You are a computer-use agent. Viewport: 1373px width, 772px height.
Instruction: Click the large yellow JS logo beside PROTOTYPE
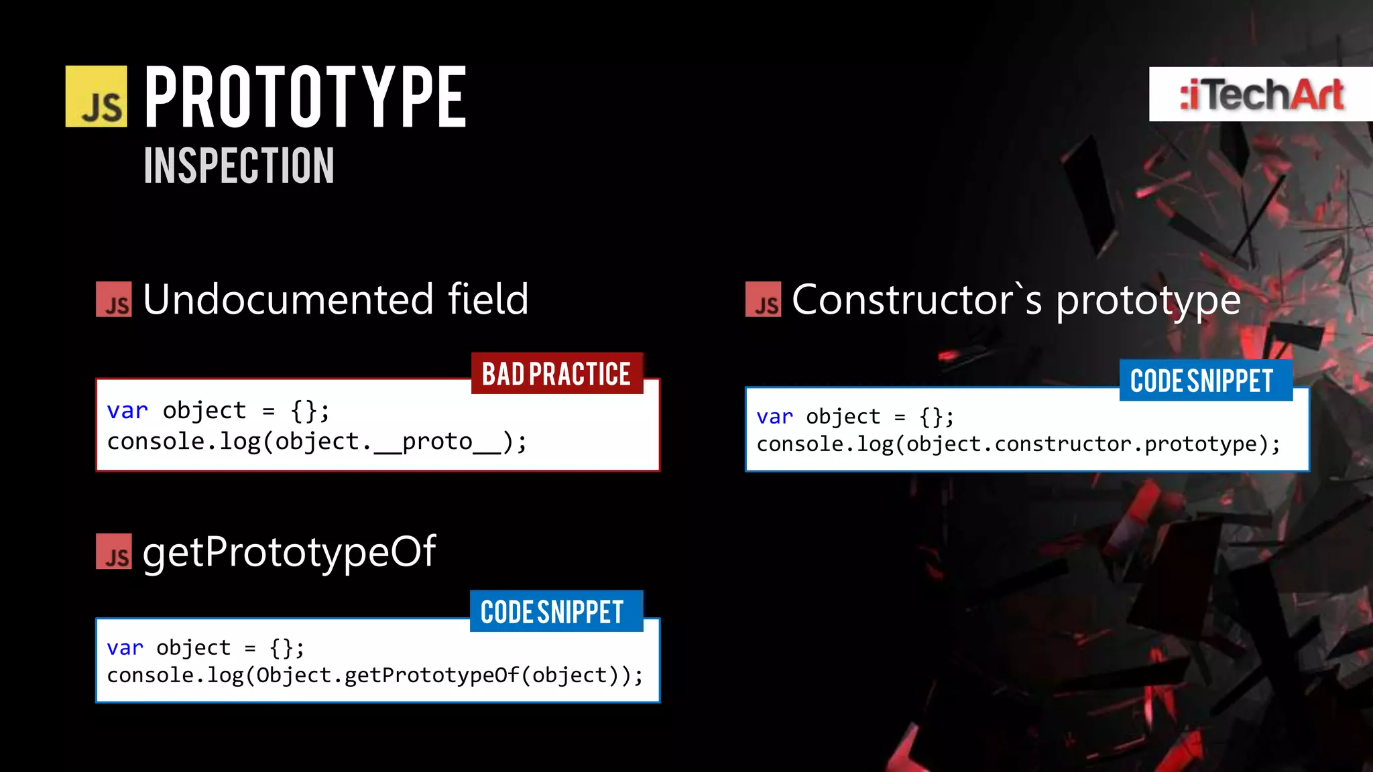click(x=96, y=96)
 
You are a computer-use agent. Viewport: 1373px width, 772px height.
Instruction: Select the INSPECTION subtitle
click(x=239, y=166)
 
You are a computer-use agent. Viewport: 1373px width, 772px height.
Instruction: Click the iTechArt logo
click(x=1262, y=94)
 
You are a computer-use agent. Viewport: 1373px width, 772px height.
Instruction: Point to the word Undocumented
click(x=288, y=299)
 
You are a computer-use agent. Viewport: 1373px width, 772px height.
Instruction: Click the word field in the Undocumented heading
click(x=488, y=299)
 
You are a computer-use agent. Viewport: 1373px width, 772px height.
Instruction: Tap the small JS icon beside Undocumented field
click(x=114, y=300)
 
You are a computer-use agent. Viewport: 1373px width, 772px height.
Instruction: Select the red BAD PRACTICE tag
click(x=556, y=373)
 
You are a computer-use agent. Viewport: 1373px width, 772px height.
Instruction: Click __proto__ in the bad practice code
click(x=437, y=442)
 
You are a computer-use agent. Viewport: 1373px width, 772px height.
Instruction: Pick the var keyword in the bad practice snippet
click(x=127, y=410)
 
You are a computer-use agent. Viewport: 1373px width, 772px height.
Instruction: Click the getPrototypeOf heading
click(x=289, y=552)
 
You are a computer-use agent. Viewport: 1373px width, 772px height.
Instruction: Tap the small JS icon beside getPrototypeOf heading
click(x=114, y=552)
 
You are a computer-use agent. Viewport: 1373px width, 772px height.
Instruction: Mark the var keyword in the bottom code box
click(x=125, y=647)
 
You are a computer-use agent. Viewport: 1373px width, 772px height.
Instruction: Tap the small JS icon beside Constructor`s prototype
click(x=764, y=300)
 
